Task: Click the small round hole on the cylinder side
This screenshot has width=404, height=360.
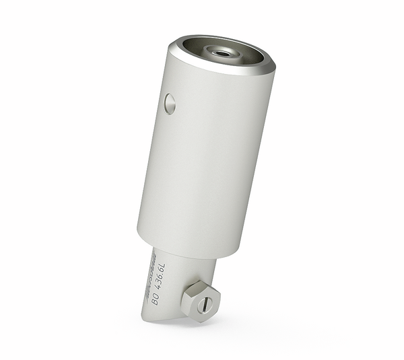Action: (170, 104)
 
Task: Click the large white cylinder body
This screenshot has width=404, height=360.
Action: (205, 155)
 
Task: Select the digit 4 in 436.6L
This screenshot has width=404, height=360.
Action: (158, 285)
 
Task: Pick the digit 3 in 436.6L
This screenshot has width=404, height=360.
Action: (160, 279)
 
